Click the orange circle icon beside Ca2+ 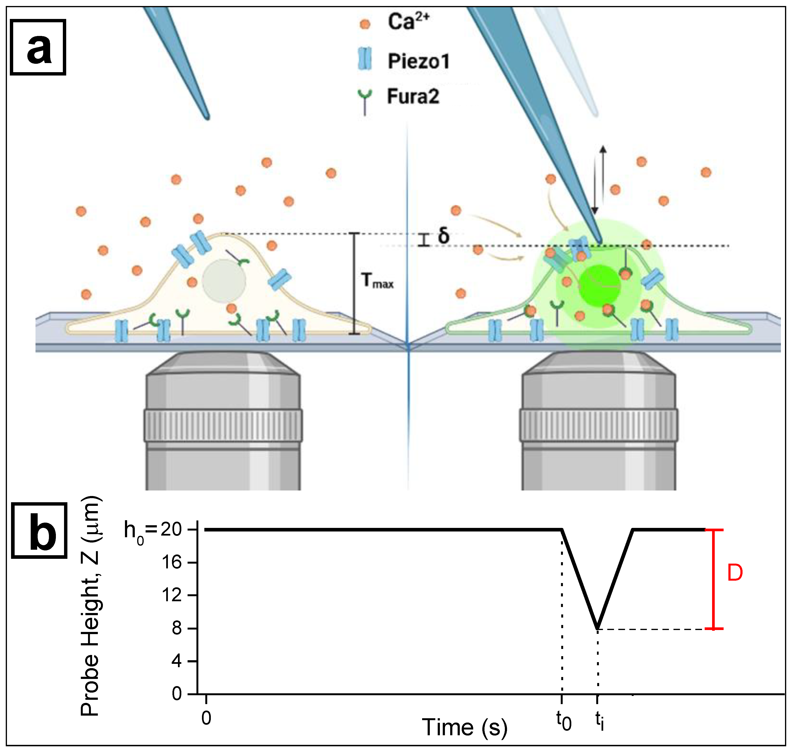pyautogui.click(x=365, y=24)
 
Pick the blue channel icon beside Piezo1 pyautogui.click(x=365, y=59)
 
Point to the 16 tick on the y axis pyautogui.click(x=172, y=562)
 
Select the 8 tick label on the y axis pyautogui.click(x=177, y=628)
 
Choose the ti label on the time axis pyautogui.click(x=599, y=721)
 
